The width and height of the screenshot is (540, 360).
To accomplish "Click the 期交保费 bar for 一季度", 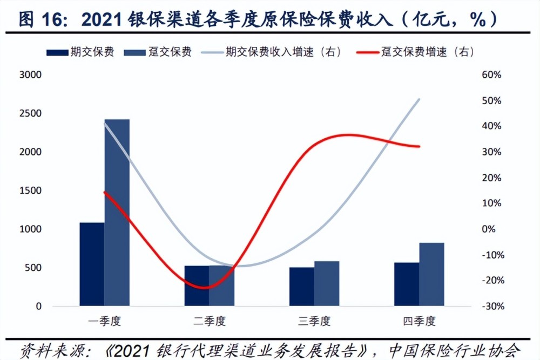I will [92, 264].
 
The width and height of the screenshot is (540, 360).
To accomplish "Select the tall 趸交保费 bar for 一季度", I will [117, 213].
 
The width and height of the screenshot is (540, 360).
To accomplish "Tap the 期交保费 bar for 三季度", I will [301, 287].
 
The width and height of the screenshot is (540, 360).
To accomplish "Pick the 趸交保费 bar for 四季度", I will [431, 274].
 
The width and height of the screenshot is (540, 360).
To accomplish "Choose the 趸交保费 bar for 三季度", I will [327, 283].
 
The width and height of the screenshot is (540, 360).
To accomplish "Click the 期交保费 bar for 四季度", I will [407, 284].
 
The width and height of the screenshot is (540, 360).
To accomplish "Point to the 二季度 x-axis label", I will [210, 321].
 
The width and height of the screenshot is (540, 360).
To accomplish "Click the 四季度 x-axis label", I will [419, 321].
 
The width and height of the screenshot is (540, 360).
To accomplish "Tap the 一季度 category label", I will [105, 321].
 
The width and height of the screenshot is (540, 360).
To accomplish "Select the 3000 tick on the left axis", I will [30, 75].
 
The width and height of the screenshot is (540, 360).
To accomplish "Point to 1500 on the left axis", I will [30, 191].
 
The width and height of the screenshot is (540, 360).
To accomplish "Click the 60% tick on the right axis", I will [492, 75].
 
